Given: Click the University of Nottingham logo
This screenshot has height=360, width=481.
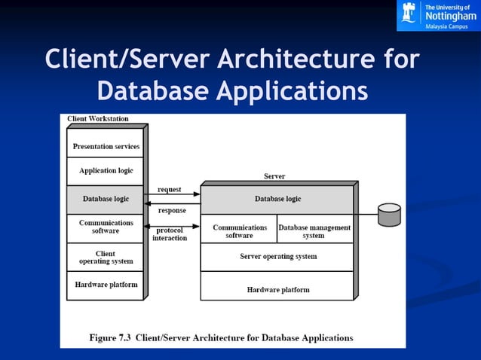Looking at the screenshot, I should (437, 16).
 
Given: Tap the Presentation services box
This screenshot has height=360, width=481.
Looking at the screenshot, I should (106, 145).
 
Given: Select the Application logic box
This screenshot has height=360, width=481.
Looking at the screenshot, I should (106, 171).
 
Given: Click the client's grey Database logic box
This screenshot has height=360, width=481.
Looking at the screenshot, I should (106, 199).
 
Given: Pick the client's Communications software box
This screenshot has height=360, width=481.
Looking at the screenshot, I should (106, 227).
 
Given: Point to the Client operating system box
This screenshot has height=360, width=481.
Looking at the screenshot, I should (106, 258).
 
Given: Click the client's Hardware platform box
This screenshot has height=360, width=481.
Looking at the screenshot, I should (106, 285).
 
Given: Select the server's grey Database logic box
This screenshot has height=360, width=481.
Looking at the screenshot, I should (277, 199).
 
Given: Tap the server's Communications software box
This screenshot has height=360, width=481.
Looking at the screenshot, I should (239, 230).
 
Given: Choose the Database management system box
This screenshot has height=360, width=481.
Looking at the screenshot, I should (314, 230).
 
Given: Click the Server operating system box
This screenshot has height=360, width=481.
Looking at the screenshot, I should (277, 256).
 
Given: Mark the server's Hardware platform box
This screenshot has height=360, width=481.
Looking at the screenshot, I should (277, 288).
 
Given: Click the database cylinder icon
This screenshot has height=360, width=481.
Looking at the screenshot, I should (389, 215).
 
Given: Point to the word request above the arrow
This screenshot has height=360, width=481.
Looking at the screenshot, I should (169, 189).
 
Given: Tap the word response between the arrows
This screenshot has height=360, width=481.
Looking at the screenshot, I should (171, 210).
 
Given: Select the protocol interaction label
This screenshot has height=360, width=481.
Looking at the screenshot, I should (170, 234).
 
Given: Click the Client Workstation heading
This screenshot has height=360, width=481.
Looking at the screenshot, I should (98, 118).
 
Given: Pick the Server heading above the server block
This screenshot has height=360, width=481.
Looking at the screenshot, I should (274, 176).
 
